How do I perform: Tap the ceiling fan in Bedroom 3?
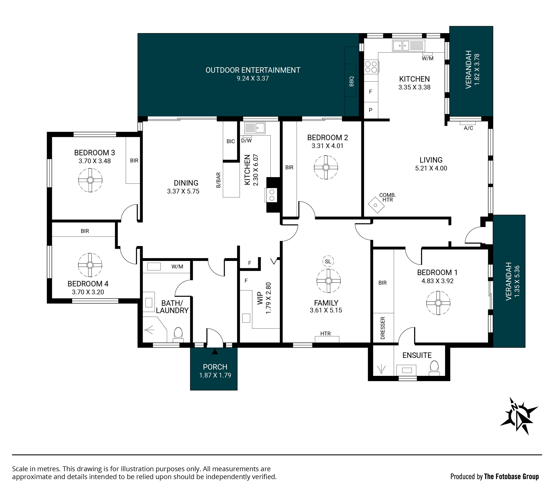point(90,180)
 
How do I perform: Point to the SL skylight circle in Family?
point(328,261)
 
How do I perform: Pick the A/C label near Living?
point(468,128)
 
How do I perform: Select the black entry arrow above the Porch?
point(215,352)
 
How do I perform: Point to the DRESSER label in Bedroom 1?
point(383,328)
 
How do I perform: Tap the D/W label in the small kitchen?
point(246,141)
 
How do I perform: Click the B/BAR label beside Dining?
point(218,180)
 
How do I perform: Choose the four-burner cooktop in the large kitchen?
point(371,67)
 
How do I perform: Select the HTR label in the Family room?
point(326,333)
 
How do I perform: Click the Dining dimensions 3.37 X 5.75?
point(183,191)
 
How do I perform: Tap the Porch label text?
point(215,367)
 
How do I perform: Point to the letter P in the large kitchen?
point(370,110)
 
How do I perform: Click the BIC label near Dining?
point(231,141)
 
